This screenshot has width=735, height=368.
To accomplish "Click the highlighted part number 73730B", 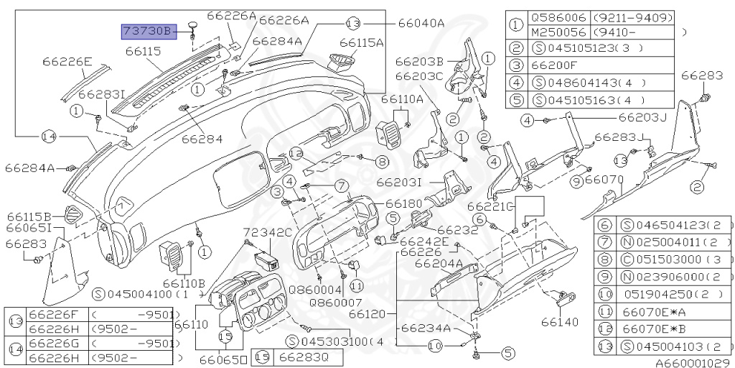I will [147, 31].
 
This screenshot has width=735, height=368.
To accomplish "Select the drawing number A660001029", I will [693, 362].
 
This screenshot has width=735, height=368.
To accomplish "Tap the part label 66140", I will [559, 322].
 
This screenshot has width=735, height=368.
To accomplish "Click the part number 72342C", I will [268, 232].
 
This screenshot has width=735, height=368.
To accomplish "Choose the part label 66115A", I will [362, 42].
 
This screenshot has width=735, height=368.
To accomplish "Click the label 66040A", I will [421, 23].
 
